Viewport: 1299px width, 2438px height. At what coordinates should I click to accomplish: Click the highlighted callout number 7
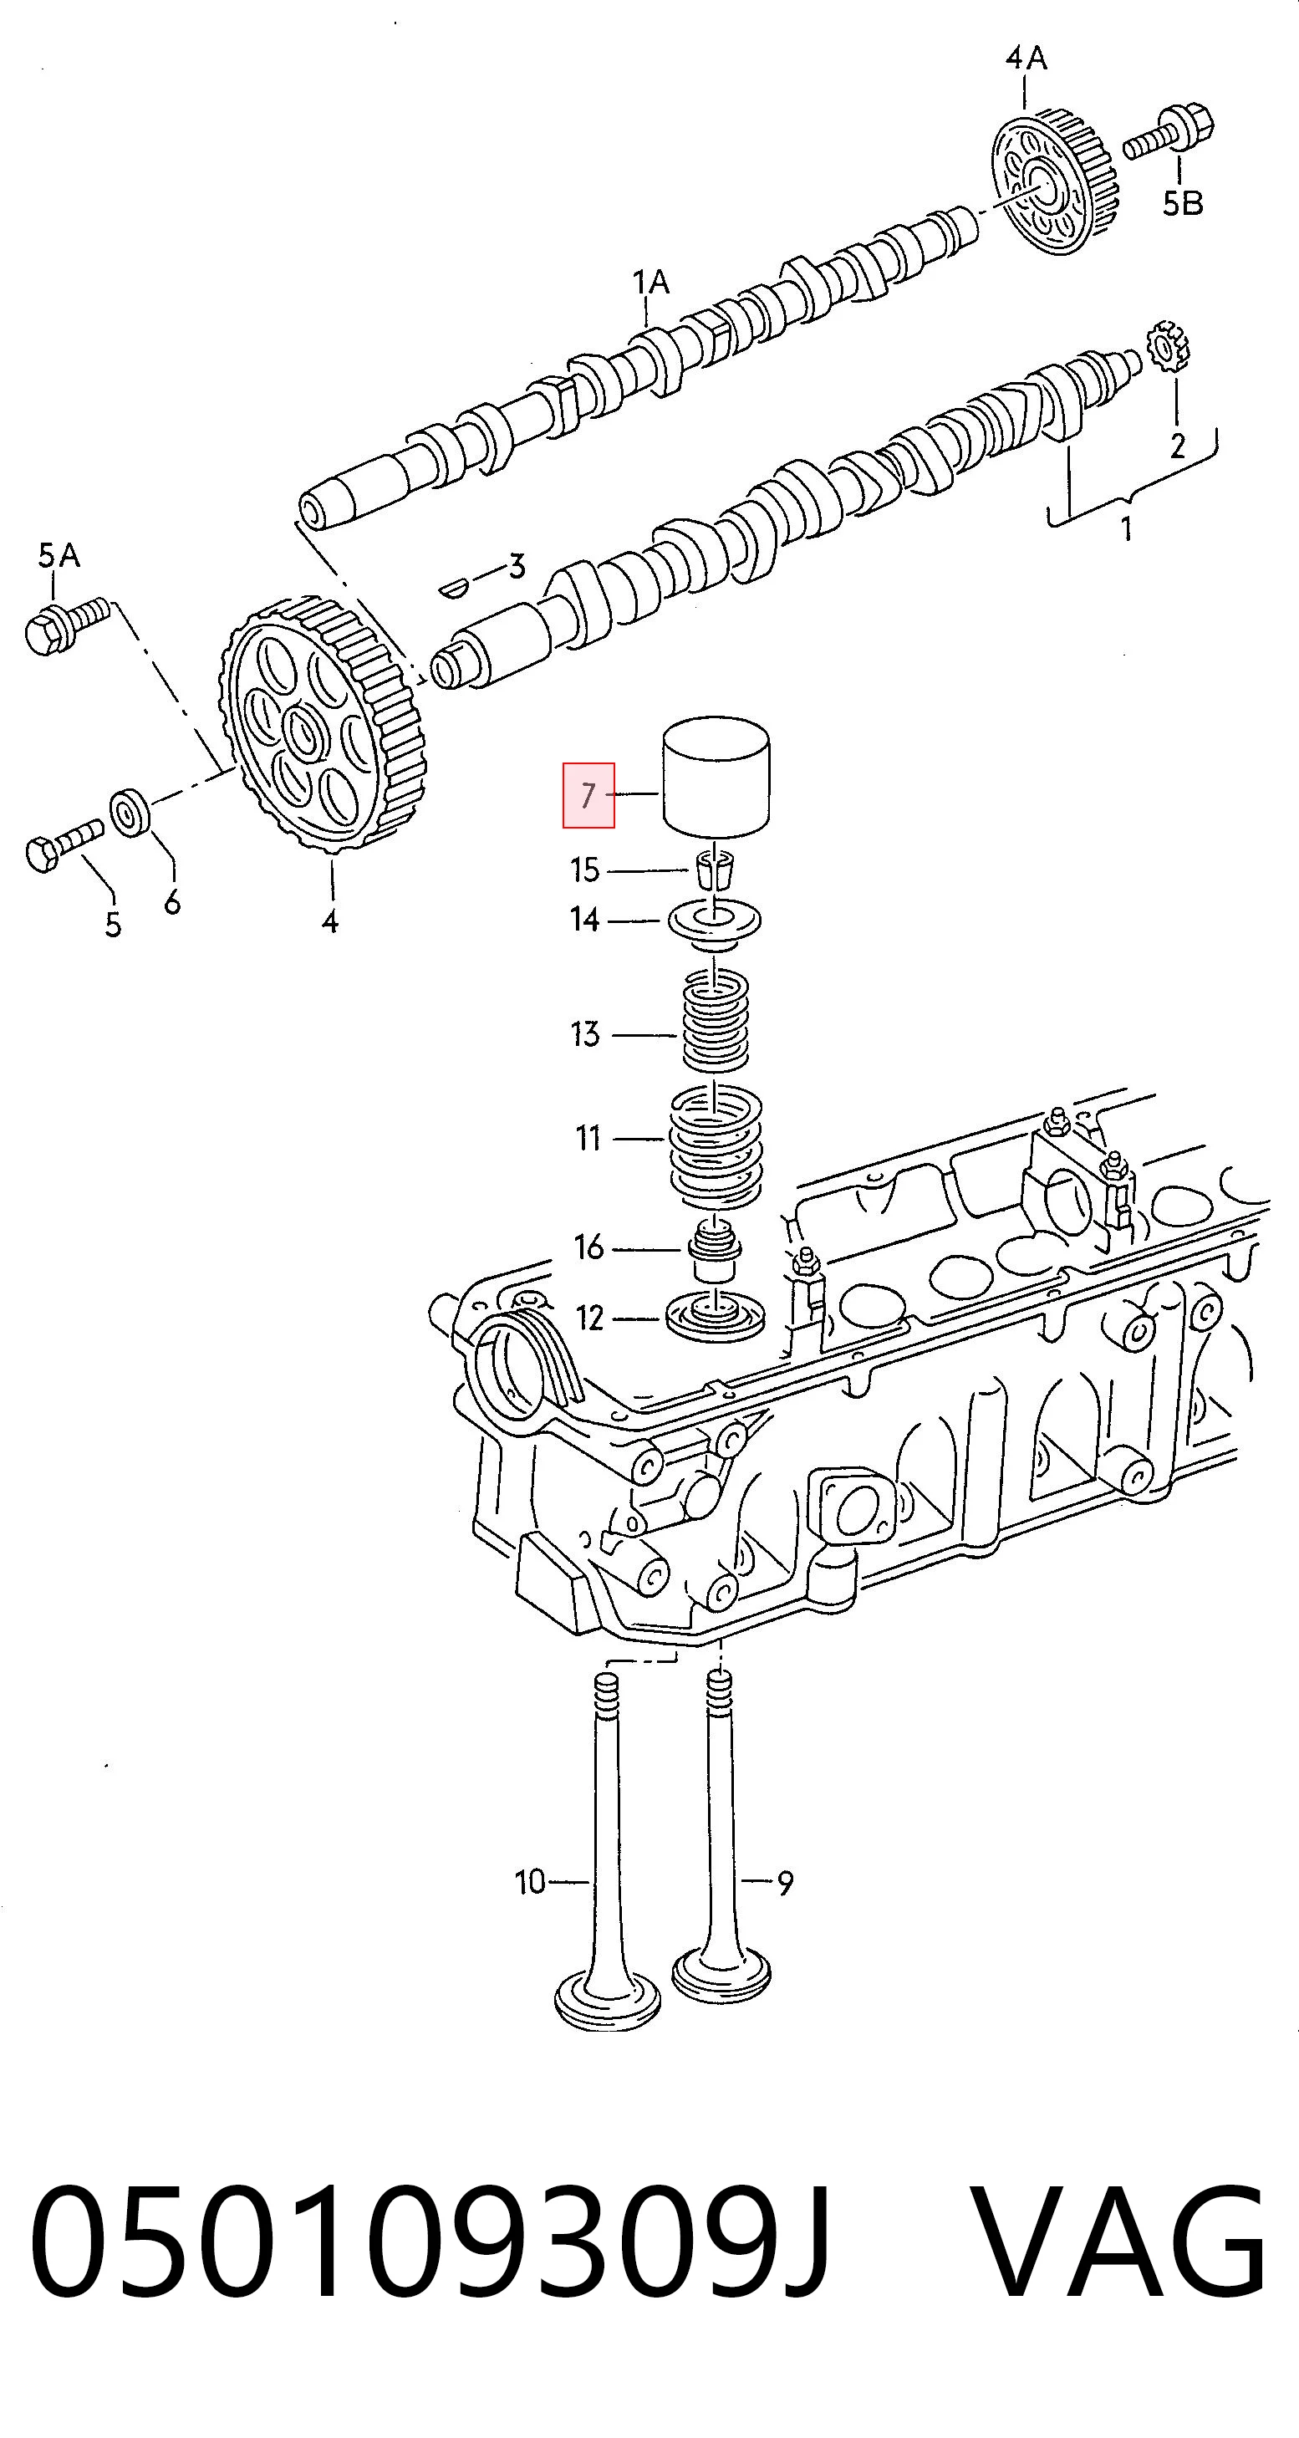coord(588,795)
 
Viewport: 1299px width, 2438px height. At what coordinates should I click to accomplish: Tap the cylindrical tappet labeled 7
coord(718,777)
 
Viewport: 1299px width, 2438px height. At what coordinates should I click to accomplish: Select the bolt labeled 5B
coord(1169,131)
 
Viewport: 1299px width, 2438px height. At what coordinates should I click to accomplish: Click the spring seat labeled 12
coord(716,1318)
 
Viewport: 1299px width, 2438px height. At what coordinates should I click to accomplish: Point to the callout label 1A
coord(651,282)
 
